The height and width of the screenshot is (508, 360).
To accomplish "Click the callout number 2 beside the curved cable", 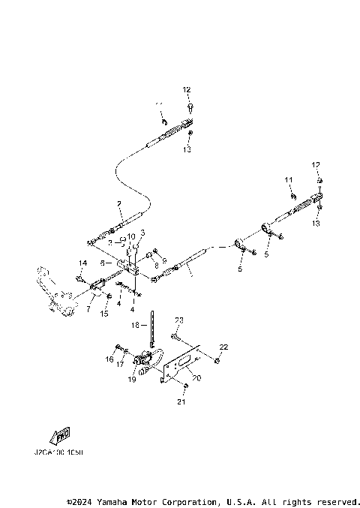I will pyautogui.click(x=118, y=204).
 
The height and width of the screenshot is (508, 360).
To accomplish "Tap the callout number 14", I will pyautogui.click(x=83, y=263).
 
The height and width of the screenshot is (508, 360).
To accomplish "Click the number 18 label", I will pyautogui.click(x=136, y=325).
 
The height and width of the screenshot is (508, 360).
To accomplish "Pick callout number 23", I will pyautogui.click(x=179, y=320).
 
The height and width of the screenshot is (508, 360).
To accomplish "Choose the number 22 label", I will pyautogui.click(x=223, y=347).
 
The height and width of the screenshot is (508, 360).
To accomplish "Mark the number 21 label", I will pyautogui.click(x=180, y=402).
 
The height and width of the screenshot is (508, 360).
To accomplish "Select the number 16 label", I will pyautogui.click(x=109, y=359).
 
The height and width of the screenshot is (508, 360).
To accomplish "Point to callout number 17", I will pyautogui.click(x=120, y=363).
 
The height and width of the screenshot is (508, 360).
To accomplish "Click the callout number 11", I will pyautogui.click(x=287, y=180).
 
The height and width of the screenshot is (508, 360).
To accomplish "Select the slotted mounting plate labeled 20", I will pyautogui.click(x=181, y=365).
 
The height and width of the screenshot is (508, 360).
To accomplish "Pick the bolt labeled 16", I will pyautogui.click(x=118, y=347).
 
